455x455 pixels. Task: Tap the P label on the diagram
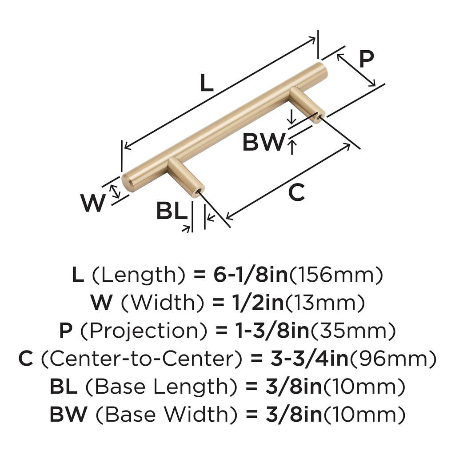[366, 59]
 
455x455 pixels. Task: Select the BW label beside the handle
[263, 142]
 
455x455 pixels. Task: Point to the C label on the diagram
[297, 193]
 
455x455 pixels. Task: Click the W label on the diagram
[93, 204]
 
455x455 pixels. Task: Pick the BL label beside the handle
[171, 212]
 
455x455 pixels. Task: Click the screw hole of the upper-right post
[319, 118]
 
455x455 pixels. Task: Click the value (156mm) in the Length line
[336, 276]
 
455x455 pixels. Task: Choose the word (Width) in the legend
[163, 303]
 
